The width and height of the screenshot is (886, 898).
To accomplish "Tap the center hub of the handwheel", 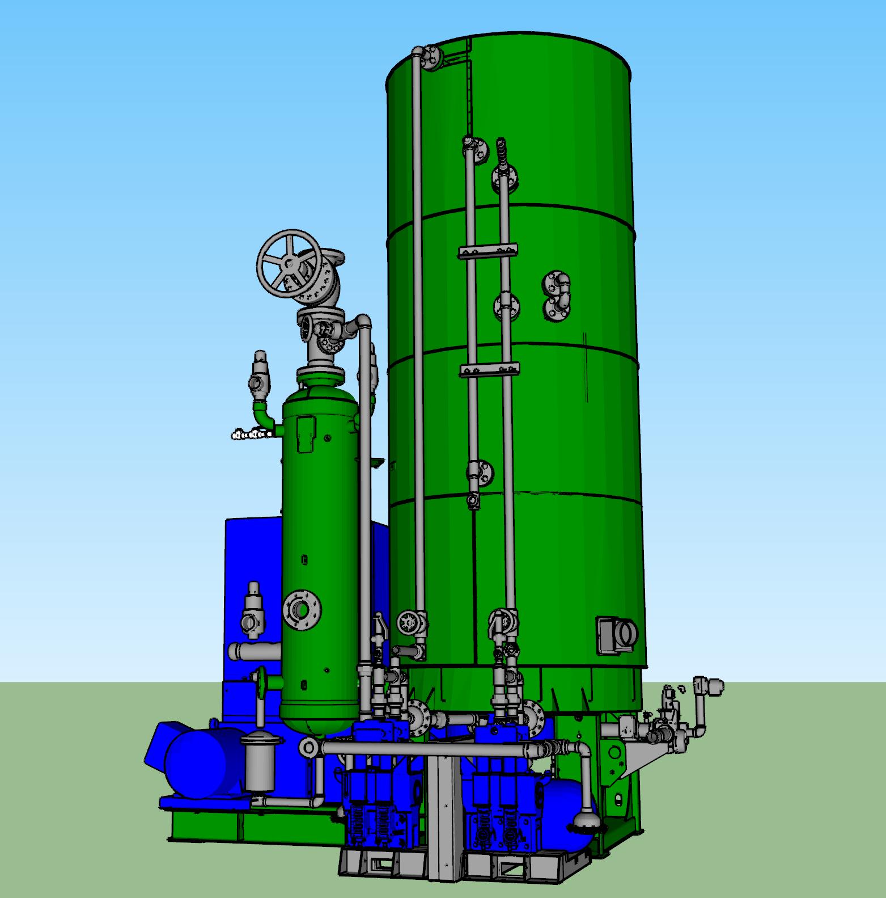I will pos(289,264).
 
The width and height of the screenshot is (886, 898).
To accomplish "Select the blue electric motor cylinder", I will pos(196,763).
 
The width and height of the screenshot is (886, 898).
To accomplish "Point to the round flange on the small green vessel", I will pos(302,610).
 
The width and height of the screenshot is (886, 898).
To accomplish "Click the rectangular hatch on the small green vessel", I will pos(306,434).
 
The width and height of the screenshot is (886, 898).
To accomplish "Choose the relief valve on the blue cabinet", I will pos(252,613).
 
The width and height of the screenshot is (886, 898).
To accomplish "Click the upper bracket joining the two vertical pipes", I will pos(487,251).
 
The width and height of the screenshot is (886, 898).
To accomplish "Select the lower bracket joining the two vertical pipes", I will pos(489,370).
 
